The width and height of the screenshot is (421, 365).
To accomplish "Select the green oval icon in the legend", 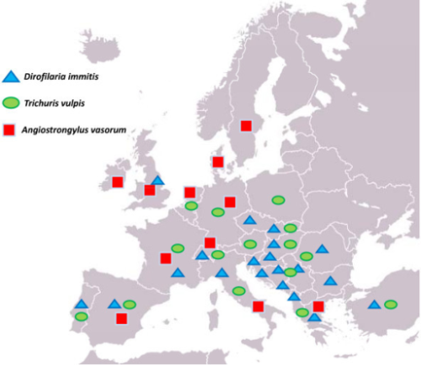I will click(x=12, y=103).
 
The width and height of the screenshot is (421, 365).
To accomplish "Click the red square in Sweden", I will click(x=246, y=126).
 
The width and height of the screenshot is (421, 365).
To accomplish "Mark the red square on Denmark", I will click(x=217, y=161).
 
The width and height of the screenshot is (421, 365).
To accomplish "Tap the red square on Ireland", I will click(x=117, y=182).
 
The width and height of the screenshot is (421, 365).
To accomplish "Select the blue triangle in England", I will click(x=157, y=180).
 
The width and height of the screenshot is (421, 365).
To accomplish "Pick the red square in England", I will click(x=149, y=190).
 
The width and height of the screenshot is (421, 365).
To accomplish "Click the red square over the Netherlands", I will click(x=189, y=192).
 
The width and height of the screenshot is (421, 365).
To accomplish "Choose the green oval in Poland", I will click(x=278, y=200).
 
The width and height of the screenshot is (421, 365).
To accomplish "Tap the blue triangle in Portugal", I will click(x=81, y=304).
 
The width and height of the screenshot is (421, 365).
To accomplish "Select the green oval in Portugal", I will click(x=81, y=316).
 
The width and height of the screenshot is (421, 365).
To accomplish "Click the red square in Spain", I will click(x=122, y=319).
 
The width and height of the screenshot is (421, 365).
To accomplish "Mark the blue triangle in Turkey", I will click(x=374, y=304).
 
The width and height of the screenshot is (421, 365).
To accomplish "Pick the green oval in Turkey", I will click(x=390, y=304).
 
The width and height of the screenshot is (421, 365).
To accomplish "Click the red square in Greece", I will click(x=317, y=306).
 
